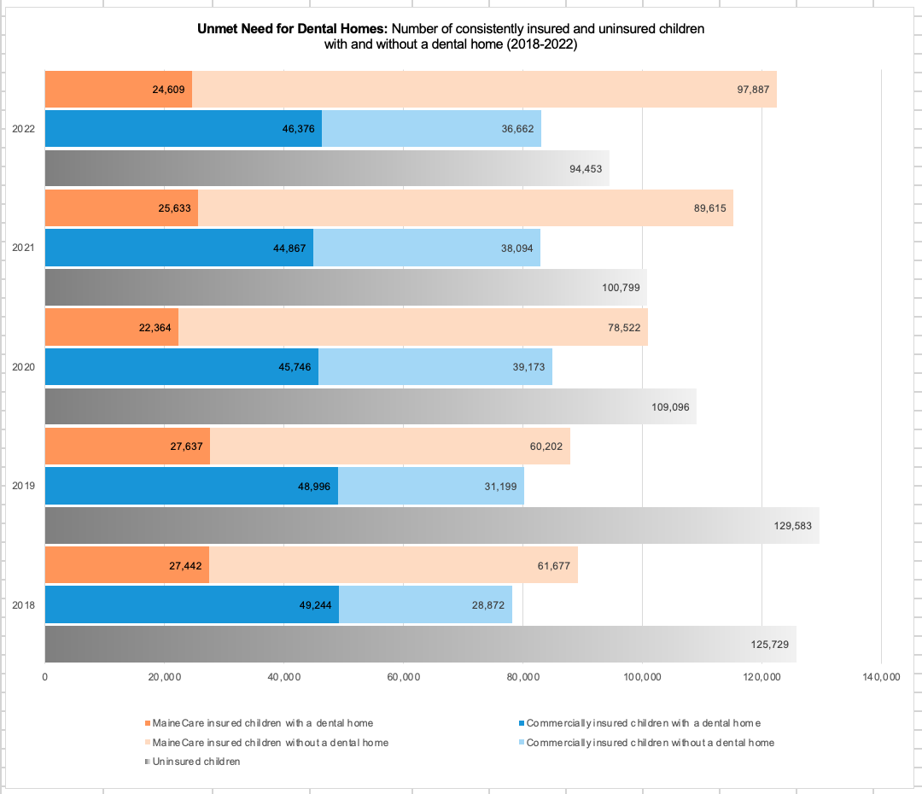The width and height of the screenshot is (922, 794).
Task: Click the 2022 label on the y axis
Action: (x=23, y=130)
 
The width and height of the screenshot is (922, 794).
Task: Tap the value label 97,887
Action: (x=754, y=90)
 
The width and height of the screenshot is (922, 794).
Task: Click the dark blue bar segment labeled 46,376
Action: (x=183, y=129)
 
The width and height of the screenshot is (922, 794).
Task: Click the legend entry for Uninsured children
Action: (x=195, y=761)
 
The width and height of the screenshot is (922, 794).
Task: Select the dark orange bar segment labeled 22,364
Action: (x=111, y=327)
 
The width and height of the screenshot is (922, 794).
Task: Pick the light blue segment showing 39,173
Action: (x=435, y=366)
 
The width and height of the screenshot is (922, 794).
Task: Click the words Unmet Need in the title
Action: (x=248, y=29)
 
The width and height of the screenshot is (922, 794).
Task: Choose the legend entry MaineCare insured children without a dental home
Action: (x=270, y=742)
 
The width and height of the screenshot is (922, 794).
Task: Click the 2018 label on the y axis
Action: (x=23, y=605)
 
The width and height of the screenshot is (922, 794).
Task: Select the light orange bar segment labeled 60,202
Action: (x=390, y=446)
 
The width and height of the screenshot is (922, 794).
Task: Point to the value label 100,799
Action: (x=621, y=288)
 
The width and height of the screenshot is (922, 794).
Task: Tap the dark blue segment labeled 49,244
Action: (x=191, y=604)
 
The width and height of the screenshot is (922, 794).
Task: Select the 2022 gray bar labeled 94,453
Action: (x=326, y=169)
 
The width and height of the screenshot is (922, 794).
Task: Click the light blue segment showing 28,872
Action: (x=425, y=604)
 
